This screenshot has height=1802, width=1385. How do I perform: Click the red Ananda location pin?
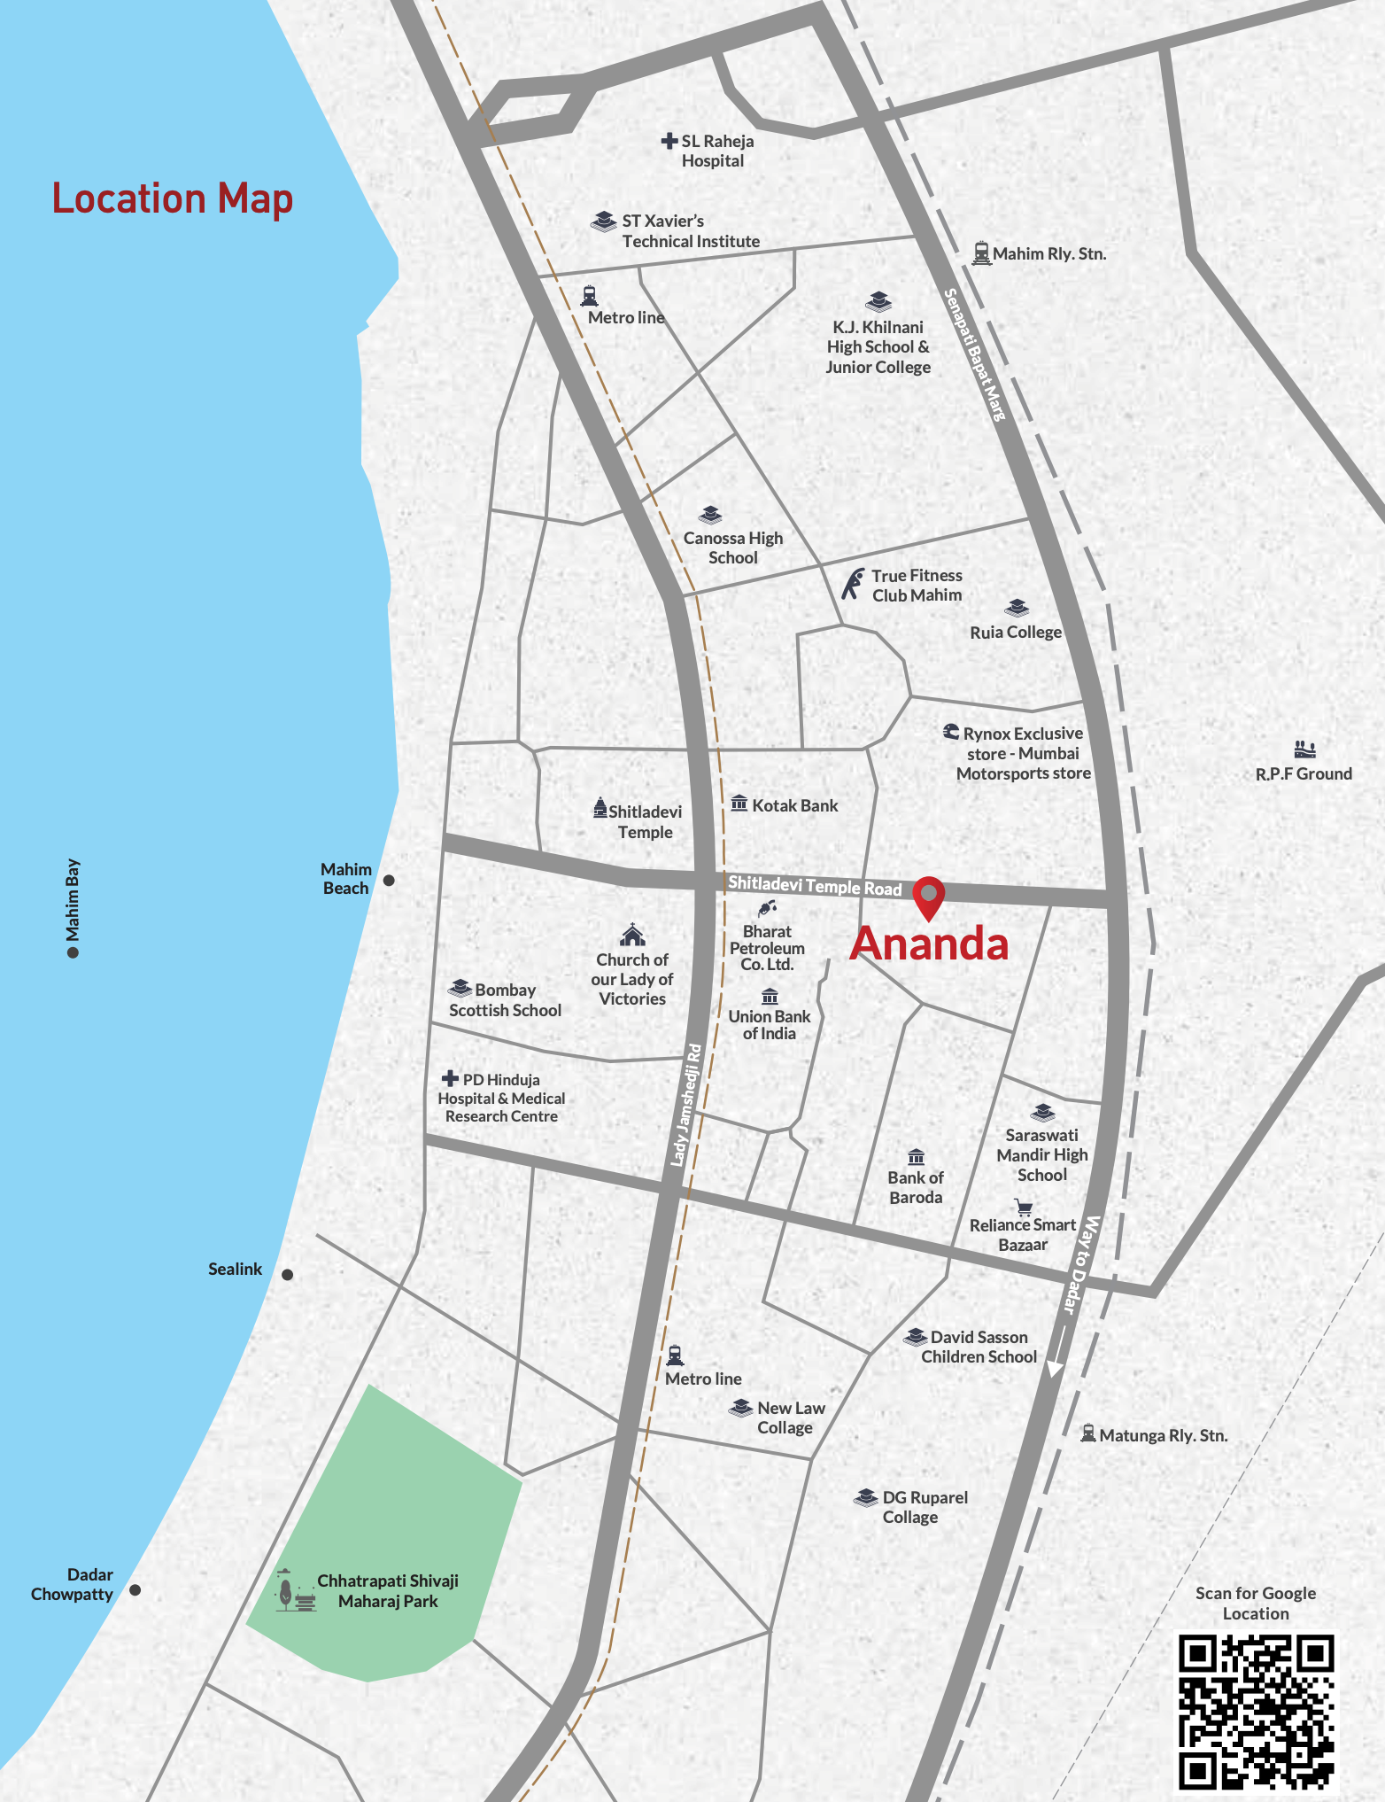928,897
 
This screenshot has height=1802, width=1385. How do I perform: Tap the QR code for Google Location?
1255,1711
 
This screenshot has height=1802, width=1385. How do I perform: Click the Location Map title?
173,198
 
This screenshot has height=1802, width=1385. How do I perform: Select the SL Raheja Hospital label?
716,151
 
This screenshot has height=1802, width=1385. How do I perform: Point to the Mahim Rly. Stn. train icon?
980,253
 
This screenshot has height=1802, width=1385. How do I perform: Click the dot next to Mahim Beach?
389,880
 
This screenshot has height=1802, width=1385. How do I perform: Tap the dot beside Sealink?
287,1275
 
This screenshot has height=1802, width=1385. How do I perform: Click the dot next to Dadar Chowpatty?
135,1590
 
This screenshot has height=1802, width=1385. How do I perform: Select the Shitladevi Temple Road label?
815,885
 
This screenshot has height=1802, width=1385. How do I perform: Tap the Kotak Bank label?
794,805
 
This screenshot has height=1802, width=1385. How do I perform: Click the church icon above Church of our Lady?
632,936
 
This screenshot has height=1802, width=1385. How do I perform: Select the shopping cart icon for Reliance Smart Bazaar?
1024,1208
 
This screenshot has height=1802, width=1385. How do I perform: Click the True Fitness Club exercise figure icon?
852,584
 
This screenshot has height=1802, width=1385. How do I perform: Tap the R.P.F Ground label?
1304,773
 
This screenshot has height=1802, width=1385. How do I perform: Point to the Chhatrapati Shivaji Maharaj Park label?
388,1591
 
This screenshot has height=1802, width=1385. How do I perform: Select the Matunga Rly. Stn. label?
1163,1435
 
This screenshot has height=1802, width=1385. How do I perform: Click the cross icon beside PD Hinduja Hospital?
450,1078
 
